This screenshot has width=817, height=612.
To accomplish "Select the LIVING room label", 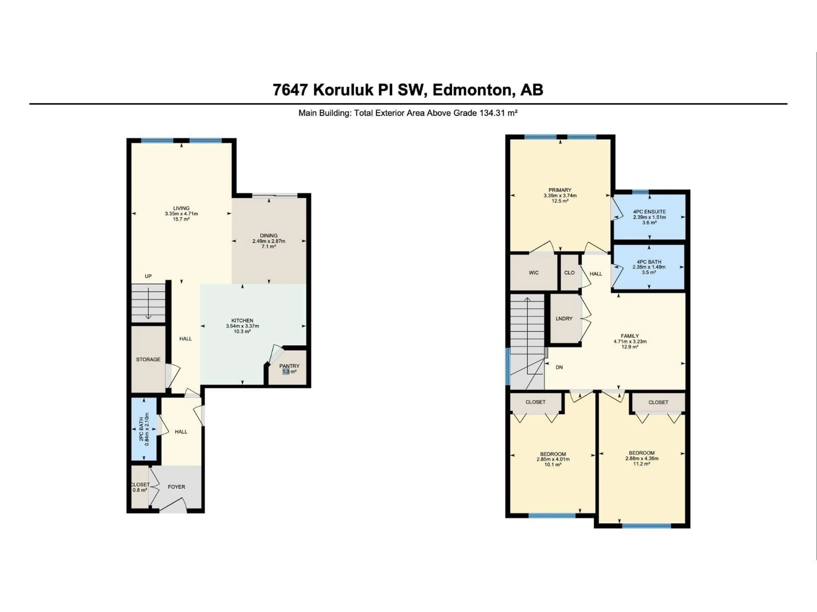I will click(181, 208).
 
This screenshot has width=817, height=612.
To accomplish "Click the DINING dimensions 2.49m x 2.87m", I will click(269, 241).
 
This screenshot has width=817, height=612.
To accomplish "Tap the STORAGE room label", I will click(148, 359).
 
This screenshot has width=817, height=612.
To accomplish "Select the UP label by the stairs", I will click(148, 276).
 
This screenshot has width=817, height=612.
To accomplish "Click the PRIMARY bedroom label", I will click(560, 190).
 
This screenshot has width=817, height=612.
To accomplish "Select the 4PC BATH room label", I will click(649, 262).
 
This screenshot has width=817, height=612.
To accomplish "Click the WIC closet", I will click(533, 273).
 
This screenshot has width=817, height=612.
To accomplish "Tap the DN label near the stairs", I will click(559, 367).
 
